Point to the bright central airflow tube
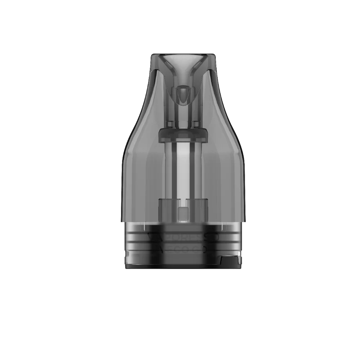[184, 169]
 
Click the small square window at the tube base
[183, 213]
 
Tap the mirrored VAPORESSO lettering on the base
[184, 237]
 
